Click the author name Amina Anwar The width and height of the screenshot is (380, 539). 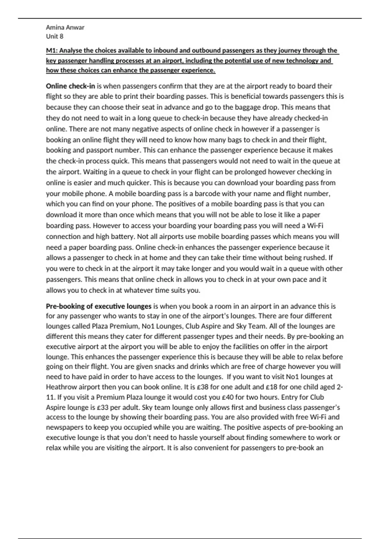coord(65,27)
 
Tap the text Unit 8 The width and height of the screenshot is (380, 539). coord(54,36)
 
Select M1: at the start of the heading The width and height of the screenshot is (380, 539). coord(52,50)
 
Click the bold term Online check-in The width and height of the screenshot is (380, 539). coord(70,86)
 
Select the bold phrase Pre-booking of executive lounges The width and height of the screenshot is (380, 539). coord(98,306)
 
